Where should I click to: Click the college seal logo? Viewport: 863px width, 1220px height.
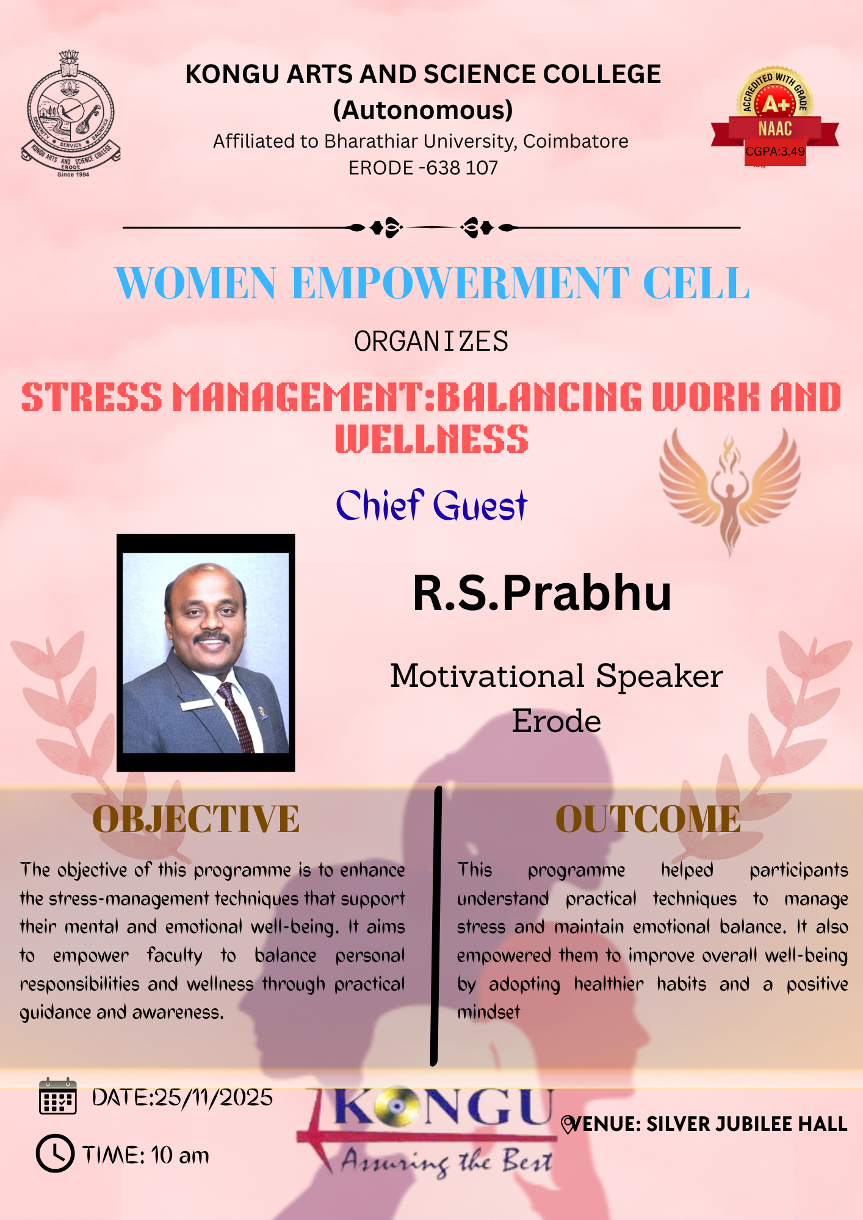pyautogui.click(x=71, y=114)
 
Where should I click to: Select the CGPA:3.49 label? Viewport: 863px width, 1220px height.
pyautogui.click(x=775, y=151)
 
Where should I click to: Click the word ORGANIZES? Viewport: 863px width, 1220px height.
pyautogui.click(x=431, y=341)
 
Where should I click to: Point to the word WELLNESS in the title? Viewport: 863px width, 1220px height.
pyautogui.click(x=431, y=439)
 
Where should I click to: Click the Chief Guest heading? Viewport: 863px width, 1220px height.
pyautogui.click(x=431, y=505)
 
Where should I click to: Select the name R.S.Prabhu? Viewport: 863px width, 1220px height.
pyautogui.click(x=542, y=593)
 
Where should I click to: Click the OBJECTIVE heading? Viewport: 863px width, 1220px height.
pyautogui.click(x=196, y=819)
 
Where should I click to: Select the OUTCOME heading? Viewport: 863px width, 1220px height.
pyautogui.click(x=648, y=819)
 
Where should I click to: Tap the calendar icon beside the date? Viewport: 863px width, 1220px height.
pyautogui.click(x=58, y=1097)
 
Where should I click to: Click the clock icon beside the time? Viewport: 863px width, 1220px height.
pyautogui.click(x=55, y=1154)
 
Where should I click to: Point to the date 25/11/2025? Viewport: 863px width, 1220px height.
pyautogui.click(x=214, y=1097)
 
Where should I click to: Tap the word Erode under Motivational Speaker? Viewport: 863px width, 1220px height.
pyautogui.click(x=556, y=721)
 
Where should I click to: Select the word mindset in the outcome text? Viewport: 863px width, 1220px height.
pyautogui.click(x=488, y=1013)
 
